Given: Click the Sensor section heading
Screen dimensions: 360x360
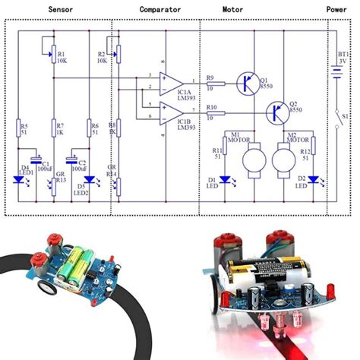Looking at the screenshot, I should tap(61, 10).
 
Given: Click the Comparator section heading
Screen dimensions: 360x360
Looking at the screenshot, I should tap(160, 10).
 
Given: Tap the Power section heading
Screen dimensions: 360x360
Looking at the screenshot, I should tap(336, 10).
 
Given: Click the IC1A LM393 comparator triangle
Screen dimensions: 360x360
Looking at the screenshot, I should tap(172, 82).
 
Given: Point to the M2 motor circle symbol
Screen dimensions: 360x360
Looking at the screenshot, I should tap(282, 160).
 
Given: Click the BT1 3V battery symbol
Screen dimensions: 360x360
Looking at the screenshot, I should tap(335, 74).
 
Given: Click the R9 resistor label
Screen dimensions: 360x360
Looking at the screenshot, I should tap(210, 77).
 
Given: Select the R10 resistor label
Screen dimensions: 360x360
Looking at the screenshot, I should tap(212, 108).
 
